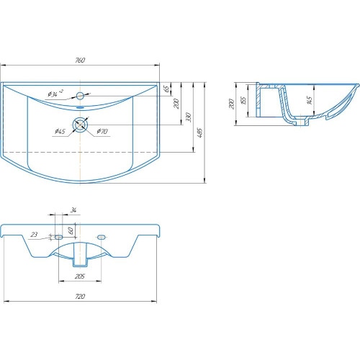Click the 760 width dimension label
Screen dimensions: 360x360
click(80, 60)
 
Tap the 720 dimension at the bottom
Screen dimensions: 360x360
click(80, 297)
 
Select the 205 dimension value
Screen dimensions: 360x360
click(80, 276)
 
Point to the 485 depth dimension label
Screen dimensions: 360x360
click(199, 132)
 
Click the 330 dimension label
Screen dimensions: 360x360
click(189, 117)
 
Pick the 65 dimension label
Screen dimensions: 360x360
click(166, 89)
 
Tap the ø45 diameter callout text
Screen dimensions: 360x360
click(60, 131)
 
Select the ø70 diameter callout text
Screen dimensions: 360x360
click(102, 131)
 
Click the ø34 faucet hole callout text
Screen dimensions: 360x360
click(55, 94)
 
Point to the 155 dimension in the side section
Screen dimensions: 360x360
click(243, 100)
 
